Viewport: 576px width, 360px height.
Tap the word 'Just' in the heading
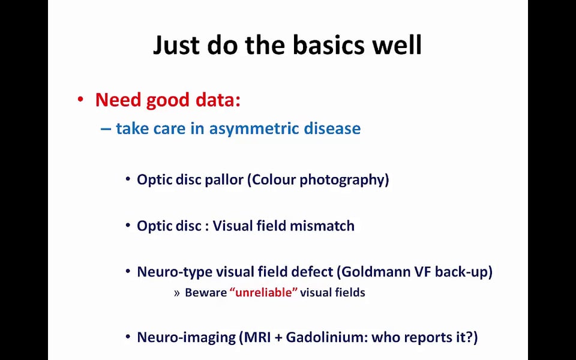point(176,46)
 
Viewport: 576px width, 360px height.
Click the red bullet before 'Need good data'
point(81,100)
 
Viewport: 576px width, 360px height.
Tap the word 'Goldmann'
point(376,271)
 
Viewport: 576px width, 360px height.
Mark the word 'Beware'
point(206,292)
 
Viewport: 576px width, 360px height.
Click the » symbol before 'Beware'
point(177,293)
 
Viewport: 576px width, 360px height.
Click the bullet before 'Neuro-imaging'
point(128,336)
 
